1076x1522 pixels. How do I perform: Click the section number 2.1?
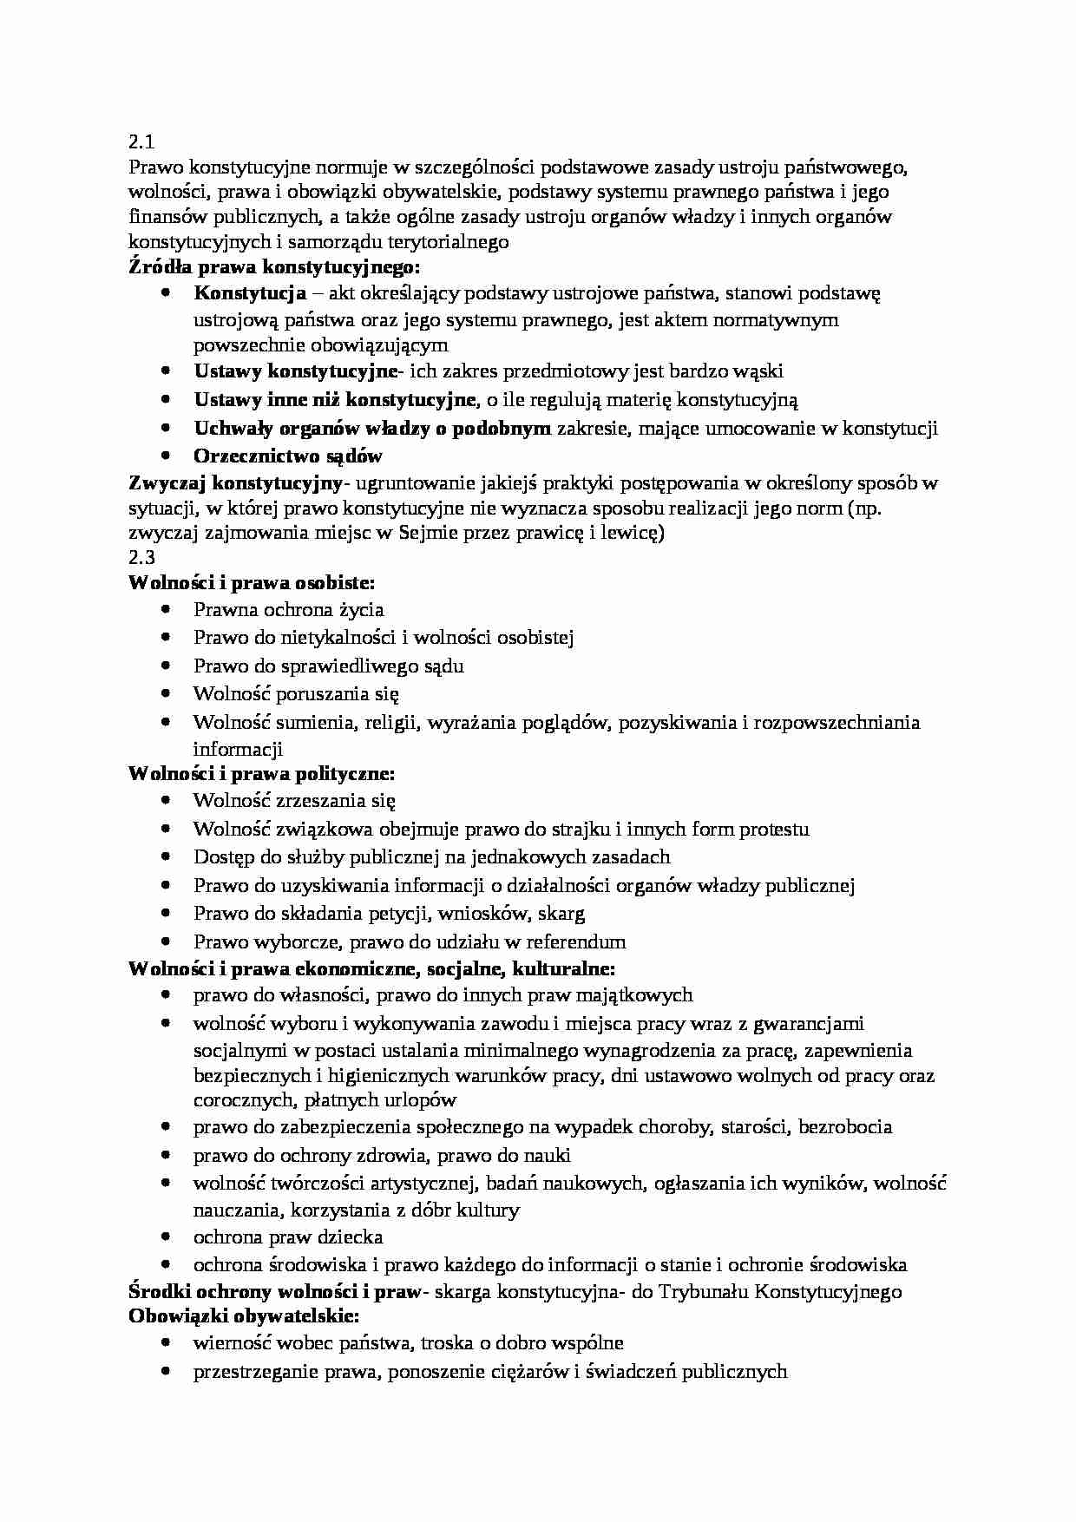141,141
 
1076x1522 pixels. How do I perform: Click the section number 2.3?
141,558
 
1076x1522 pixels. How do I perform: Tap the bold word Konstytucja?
250,293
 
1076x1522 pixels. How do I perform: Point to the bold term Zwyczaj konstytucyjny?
236,482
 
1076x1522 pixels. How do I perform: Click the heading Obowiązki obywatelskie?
243,1316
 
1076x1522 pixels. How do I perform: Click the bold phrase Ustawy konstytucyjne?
294,371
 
